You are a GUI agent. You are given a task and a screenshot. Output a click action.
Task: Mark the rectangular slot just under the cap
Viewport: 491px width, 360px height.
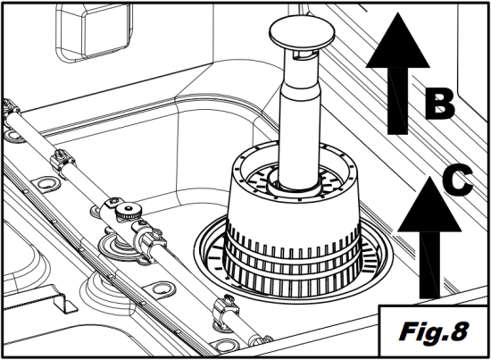[x=301, y=55]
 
